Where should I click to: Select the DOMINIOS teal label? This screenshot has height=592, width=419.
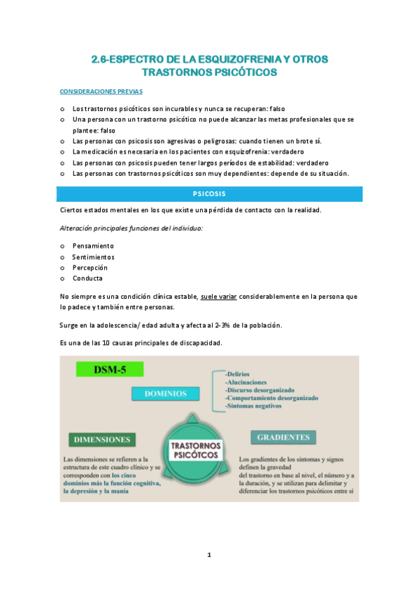click(x=166, y=394)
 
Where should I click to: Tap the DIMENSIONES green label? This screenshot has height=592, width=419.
click(x=102, y=439)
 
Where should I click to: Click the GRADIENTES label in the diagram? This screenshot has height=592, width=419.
click(x=283, y=437)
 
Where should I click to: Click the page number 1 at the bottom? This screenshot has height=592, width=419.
click(x=209, y=556)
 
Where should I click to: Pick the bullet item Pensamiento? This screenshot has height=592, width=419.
click(x=93, y=246)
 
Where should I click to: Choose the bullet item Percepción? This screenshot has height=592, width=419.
click(x=90, y=267)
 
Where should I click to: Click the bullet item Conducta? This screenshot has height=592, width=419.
click(x=87, y=279)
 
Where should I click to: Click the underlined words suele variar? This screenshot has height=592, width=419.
click(x=219, y=297)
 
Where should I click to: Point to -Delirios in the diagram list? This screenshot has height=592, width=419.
click(x=240, y=374)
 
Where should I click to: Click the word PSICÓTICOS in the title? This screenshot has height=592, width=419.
click(x=241, y=72)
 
